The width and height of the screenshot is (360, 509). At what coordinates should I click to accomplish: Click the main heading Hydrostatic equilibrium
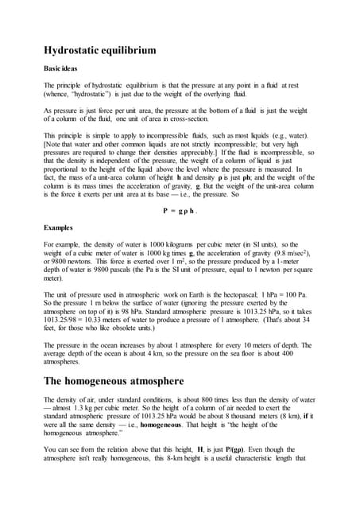(110, 51)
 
